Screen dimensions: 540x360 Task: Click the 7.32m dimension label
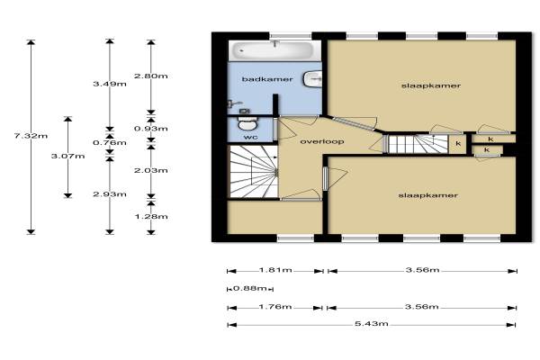(x=31, y=136)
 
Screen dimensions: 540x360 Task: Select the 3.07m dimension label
(x=67, y=156)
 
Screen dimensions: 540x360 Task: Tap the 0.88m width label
(x=249, y=288)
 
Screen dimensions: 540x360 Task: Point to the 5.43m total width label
(x=372, y=324)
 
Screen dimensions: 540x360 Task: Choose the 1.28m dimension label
(x=151, y=216)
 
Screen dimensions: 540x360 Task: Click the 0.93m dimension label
(x=151, y=129)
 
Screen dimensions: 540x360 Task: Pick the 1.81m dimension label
(x=275, y=270)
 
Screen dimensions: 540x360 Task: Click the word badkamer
(x=267, y=79)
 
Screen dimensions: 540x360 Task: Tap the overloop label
(x=322, y=141)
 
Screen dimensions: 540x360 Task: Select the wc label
(x=251, y=137)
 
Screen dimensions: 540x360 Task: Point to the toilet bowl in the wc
(x=247, y=123)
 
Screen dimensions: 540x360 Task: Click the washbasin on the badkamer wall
(x=312, y=79)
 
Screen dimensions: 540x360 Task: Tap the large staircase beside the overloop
(x=254, y=172)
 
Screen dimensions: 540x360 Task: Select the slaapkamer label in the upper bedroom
(x=431, y=85)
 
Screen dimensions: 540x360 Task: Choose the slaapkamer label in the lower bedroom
(x=428, y=195)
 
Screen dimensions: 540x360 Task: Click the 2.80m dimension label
(x=151, y=76)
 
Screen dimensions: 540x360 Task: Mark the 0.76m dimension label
(x=110, y=142)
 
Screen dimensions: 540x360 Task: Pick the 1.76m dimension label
(x=275, y=307)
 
